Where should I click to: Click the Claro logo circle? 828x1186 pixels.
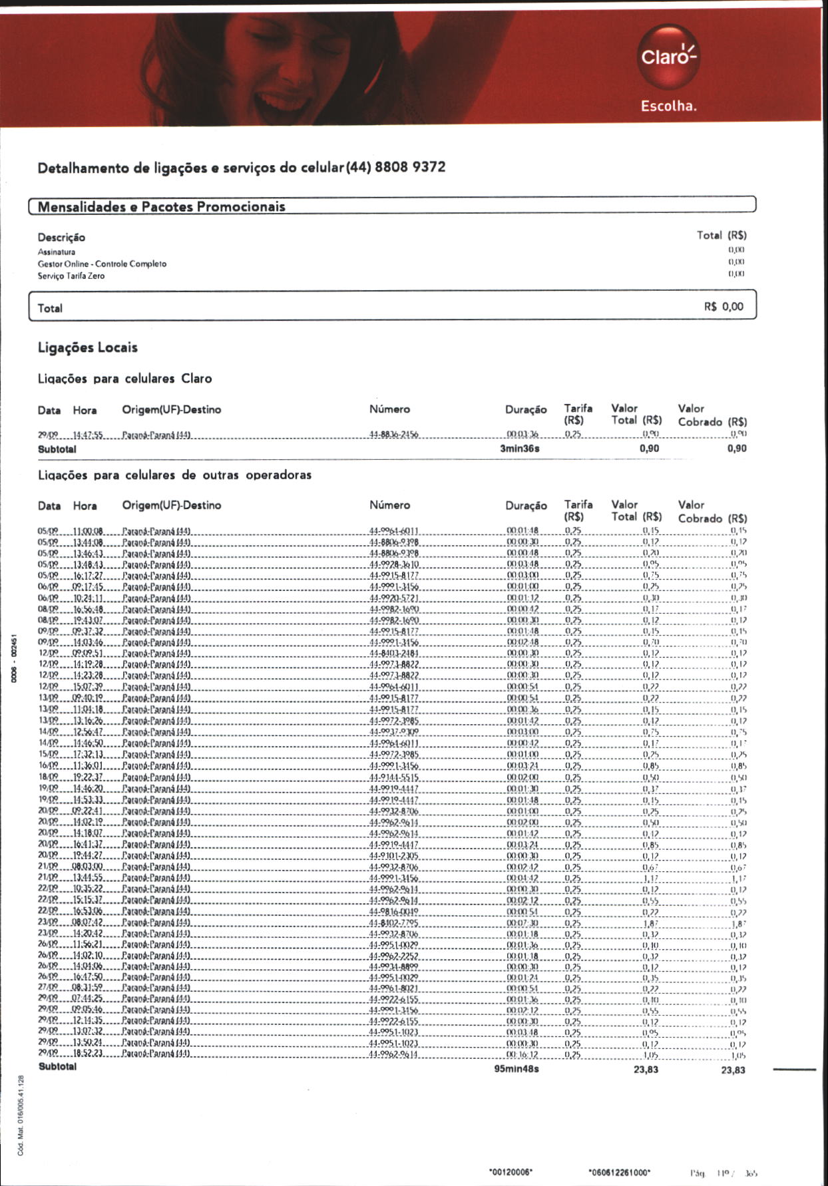(x=668, y=57)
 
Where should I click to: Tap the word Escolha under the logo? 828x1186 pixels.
(x=668, y=106)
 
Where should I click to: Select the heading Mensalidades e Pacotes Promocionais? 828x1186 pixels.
(x=161, y=206)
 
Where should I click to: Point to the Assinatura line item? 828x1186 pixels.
(x=57, y=252)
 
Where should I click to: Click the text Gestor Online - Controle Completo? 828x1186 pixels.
(x=102, y=264)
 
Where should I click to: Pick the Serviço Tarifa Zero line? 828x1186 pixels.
(x=71, y=276)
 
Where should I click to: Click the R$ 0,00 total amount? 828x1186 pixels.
(x=724, y=307)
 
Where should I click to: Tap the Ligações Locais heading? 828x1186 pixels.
(x=87, y=347)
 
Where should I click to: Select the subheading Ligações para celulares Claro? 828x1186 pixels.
(x=124, y=379)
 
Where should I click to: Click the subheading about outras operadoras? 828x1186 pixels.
(x=174, y=475)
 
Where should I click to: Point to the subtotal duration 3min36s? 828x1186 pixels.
(x=519, y=449)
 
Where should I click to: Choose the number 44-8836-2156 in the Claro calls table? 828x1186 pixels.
(x=393, y=435)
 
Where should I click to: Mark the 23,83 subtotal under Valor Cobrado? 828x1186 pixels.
(x=733, y=1070)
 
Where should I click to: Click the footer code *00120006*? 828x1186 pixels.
(x=511, y=1172)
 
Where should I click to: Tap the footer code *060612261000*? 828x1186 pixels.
(x=620, y=1172)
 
